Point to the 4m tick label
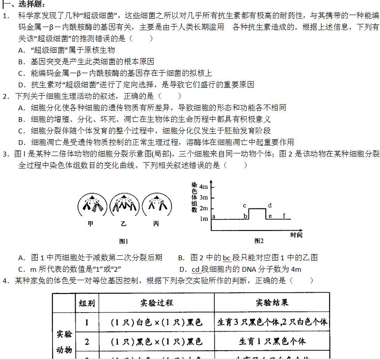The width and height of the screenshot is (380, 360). point(203,186)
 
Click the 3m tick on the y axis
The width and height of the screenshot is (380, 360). point(203,197)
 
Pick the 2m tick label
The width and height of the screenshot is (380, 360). point(203,208)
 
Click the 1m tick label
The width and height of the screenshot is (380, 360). point(203,219)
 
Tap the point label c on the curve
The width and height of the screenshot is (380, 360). point(244,206)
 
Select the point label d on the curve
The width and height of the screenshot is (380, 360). point(270,206)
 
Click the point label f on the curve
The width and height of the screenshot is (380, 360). point(284,216)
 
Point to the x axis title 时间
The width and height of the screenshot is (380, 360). point(297,235)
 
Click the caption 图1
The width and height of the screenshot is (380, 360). point(124,242)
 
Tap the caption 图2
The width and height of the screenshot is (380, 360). point(259,241)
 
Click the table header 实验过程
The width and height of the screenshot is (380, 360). point(156,303)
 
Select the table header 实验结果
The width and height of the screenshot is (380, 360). point(272,303)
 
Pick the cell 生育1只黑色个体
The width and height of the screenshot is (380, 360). point(272,341)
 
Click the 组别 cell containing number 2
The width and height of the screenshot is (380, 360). point(87,341)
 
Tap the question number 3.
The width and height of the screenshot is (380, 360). point(5,154)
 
